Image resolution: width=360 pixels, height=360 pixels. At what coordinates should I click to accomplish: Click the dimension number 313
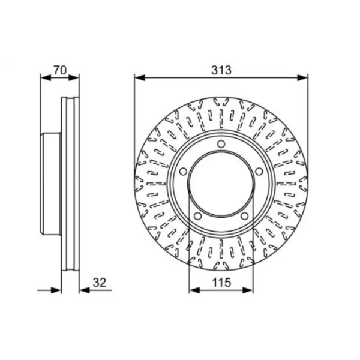(x=221, y=70)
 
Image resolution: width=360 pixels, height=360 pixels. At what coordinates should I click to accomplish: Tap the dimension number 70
(x=60, y=70)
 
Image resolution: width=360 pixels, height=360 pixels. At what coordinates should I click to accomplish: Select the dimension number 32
(x=100, y=283)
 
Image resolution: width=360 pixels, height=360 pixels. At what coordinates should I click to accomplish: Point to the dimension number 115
(x=221, y=283)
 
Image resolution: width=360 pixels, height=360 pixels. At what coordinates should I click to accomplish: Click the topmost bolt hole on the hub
(x=221, y=144)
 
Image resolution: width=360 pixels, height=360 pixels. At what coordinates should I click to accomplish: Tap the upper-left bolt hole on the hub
(x=183, y=172)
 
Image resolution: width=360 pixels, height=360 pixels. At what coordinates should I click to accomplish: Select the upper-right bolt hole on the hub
(x=259, y=172)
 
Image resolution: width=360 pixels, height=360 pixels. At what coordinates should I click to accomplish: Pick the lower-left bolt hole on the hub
(x=197, y=216)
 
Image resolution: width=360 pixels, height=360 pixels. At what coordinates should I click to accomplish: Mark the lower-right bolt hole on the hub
(x=245, y=216)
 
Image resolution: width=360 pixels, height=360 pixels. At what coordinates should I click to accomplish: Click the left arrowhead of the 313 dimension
(x=140, y=77)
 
